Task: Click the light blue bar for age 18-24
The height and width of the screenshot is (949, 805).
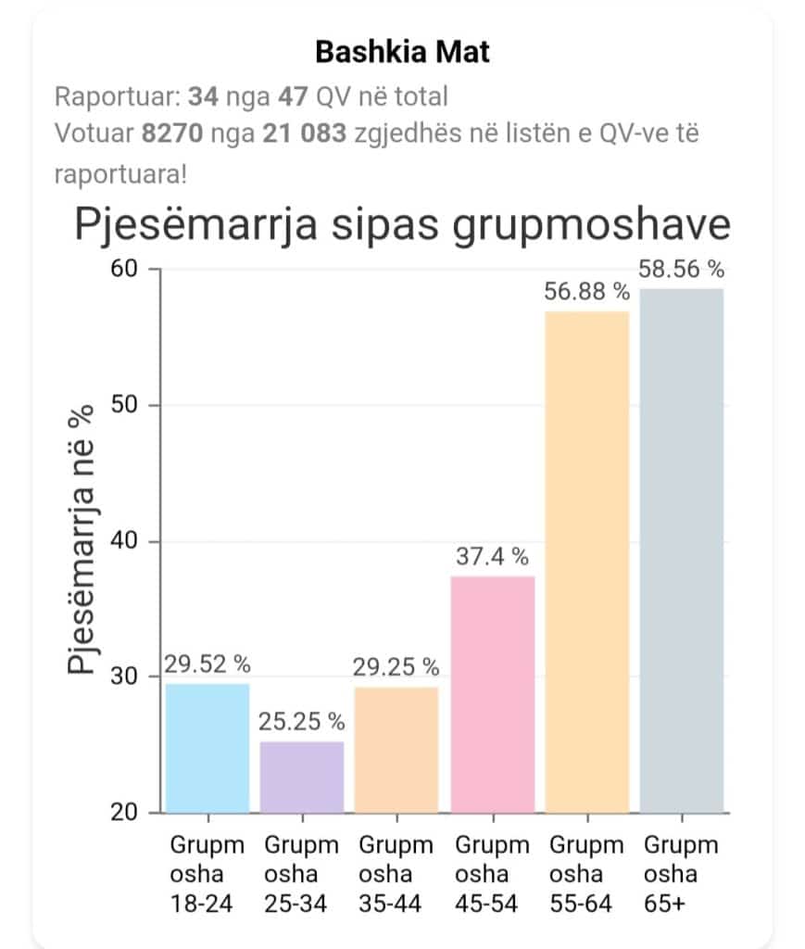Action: tap(208, 748)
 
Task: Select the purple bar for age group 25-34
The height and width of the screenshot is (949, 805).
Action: tap(302, 777)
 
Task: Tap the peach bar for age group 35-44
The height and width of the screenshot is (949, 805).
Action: tap(396, 749)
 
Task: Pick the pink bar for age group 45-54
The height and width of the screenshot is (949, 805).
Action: tap(492, 694)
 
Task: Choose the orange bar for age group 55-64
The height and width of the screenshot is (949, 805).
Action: tap(587, 562)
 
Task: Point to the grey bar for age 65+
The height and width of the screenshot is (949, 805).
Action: tap(682, 550)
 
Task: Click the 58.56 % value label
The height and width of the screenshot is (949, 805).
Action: tap(682, 270)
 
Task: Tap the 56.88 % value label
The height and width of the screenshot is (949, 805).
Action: tap(587, 293)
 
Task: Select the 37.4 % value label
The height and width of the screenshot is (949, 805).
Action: tap(492, 557)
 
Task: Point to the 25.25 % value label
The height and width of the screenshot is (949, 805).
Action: tap(302, 722)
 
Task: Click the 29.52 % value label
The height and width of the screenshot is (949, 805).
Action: tap(208, 664)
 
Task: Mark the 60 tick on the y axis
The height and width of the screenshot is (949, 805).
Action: tap(125, 270)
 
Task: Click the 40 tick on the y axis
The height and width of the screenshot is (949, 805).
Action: tap(125, 541)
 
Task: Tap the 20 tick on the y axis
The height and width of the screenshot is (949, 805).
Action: tap(125, 813)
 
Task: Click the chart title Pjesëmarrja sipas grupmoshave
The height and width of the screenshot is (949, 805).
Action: tap(402, 225)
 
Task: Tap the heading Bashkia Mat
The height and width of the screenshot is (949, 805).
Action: tap(402, 52)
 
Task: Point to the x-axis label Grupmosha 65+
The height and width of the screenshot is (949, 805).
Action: tap(682, 874)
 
